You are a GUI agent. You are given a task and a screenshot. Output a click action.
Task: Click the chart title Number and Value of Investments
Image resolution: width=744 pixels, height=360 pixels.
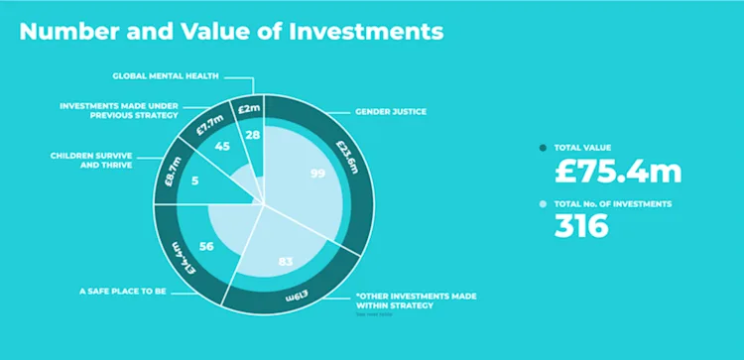(231, 31)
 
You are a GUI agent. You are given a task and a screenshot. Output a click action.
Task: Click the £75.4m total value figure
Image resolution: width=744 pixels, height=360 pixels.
(617, 171)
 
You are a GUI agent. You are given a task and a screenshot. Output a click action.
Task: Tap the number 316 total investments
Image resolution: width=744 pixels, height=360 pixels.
(581, 226)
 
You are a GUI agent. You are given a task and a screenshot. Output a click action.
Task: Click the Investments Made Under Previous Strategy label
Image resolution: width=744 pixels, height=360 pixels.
(117, 109)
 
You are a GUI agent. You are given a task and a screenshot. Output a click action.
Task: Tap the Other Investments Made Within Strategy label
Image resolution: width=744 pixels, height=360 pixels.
(395, 301)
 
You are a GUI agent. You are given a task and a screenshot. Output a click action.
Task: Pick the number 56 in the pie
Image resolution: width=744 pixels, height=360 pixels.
(206, 248)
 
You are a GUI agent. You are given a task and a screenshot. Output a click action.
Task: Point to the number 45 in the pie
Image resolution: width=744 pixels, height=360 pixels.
(222, 147)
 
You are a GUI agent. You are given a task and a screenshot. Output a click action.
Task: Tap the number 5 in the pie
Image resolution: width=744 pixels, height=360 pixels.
(194, 180)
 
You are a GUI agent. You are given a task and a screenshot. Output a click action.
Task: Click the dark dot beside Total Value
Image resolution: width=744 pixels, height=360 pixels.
(543, 148)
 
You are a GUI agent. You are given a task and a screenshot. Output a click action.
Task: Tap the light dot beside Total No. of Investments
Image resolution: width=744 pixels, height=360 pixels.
(543, 203)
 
